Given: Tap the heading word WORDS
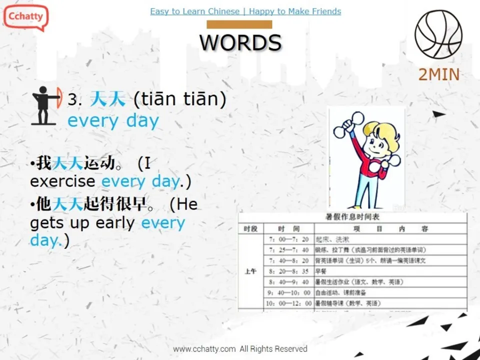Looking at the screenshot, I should (x=240, y=42).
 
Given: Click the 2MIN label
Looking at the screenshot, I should (x=438, y=74).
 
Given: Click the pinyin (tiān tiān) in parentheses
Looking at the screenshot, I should (x=180, y=99).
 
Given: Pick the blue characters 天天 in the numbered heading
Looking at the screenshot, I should (x=107, y=99).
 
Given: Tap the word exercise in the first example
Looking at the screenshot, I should (x=63, y=181).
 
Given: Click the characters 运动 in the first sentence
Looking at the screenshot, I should (x=98, y=163).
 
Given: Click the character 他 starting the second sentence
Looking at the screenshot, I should (x=44, y=204).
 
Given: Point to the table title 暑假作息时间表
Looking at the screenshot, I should (x=352, y=217).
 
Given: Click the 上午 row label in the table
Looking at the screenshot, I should (x=250, y=271).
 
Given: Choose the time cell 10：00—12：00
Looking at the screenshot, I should (x=288, y=303).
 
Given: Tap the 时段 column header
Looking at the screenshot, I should (x=250, y=229).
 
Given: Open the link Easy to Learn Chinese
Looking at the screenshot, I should (x=194, y=11).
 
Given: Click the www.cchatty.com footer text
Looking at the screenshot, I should (x=204, y=348).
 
